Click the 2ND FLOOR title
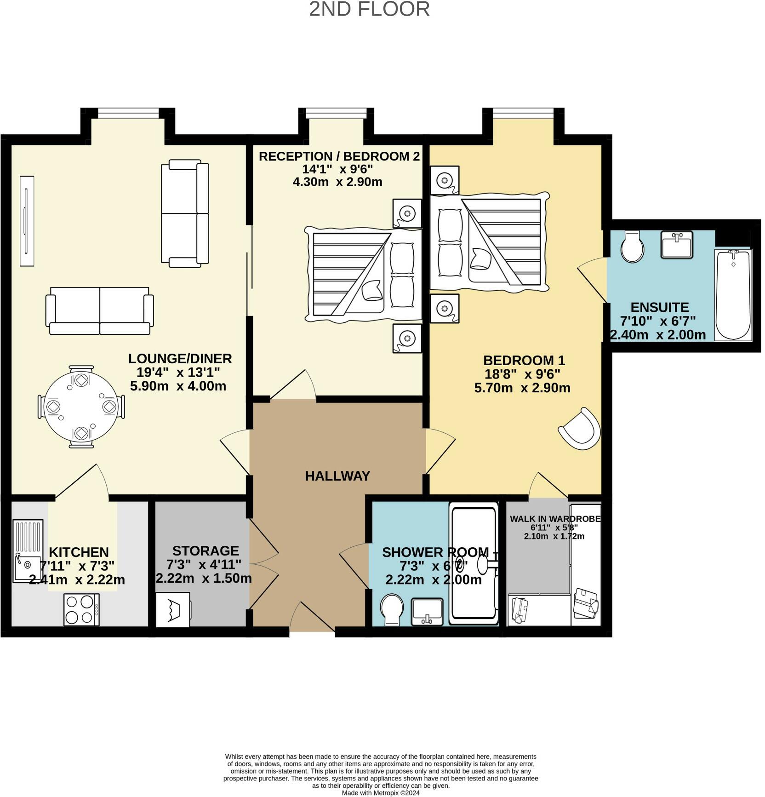369,9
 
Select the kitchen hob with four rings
81,609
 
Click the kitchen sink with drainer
27,550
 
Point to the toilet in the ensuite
632,246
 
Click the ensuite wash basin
676,245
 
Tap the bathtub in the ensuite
733,294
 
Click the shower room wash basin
427,612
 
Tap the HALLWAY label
337,476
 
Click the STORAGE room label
206,550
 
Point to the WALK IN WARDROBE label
555,519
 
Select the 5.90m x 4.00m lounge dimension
178,386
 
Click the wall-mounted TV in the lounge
27,221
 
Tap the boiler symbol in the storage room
173,609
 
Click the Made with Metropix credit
381,793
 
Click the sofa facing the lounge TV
185,213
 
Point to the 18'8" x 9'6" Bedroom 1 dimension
522,374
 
